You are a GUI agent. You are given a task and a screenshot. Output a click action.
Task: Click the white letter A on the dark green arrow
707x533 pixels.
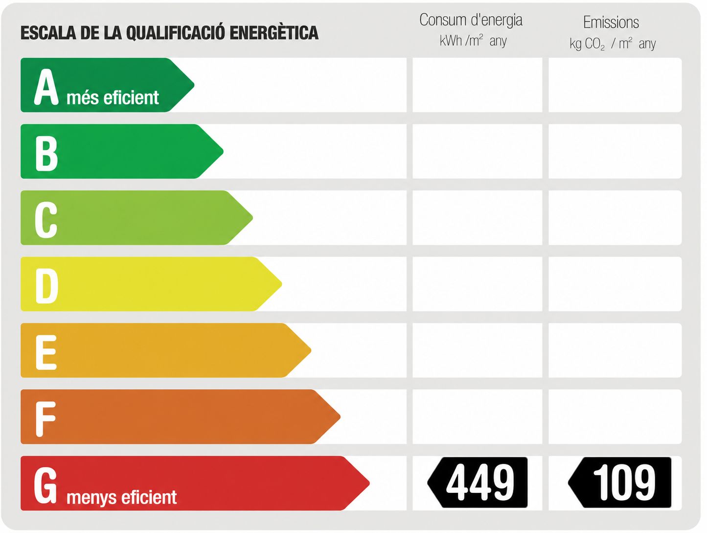click(x=46, y=87)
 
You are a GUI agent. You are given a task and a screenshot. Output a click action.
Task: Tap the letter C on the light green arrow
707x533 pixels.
click(x=46, y=220)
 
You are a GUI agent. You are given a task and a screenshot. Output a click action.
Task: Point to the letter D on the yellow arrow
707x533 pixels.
click(x=46, y=286)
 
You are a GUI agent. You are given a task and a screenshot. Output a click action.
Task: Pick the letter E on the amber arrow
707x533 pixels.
click(x=46, y=352)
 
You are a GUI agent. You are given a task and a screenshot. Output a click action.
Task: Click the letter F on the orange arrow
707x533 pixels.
click(x=46, y=419)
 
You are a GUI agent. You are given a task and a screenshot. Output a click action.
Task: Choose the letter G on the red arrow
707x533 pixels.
click(x=46, y=486)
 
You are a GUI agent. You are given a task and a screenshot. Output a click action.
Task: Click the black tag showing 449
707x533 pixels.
click(x=478, y=483)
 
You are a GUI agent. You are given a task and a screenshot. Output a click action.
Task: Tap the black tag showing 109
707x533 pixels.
click(x=620, y=483)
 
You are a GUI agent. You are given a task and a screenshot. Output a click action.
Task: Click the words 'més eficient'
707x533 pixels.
click(x=113, y=97)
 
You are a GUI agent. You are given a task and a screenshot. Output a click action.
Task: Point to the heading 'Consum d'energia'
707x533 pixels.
click(x=471, y=20)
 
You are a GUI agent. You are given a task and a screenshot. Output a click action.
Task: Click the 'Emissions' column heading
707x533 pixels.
click(x=611, y=23)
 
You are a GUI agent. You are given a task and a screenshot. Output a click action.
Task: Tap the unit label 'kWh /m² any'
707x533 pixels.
click(x=473, y=41)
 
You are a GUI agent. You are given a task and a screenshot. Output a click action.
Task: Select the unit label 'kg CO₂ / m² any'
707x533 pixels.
click(x=613, y=44)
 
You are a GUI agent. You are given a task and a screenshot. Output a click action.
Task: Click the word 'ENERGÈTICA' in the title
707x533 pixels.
click(x=274, y=33)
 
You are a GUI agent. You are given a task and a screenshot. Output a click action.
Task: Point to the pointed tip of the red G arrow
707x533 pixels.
click(x=369, y=483)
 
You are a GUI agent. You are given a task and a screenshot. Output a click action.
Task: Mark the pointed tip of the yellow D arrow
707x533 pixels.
click(x=281, y=284)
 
